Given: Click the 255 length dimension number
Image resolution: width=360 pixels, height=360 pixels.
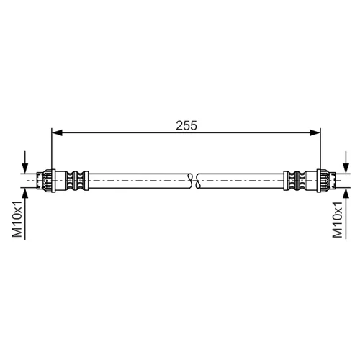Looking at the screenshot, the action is click(x=186, y=125).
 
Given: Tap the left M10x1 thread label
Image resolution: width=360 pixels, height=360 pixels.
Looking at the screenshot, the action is click(x=17, y=219).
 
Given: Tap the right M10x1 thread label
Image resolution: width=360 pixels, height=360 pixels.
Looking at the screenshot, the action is click(x=337, y=220).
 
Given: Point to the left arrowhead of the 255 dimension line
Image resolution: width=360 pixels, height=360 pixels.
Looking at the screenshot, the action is click(x=57, y=132).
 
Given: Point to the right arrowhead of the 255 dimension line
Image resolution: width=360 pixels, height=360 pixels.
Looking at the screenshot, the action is click(x=315, y=132).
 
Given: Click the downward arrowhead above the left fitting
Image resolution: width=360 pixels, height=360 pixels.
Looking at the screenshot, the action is click(x=25, y=168).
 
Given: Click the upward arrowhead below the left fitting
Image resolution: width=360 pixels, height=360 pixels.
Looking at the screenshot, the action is click(x=25, y=194).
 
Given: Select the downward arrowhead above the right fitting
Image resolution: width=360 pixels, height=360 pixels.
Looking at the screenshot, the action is click(x=346, y=168).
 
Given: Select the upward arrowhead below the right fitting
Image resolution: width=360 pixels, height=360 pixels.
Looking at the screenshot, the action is click(x=346, y=194).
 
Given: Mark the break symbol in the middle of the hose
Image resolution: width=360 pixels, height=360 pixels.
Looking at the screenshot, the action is click(x=194, y=181).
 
